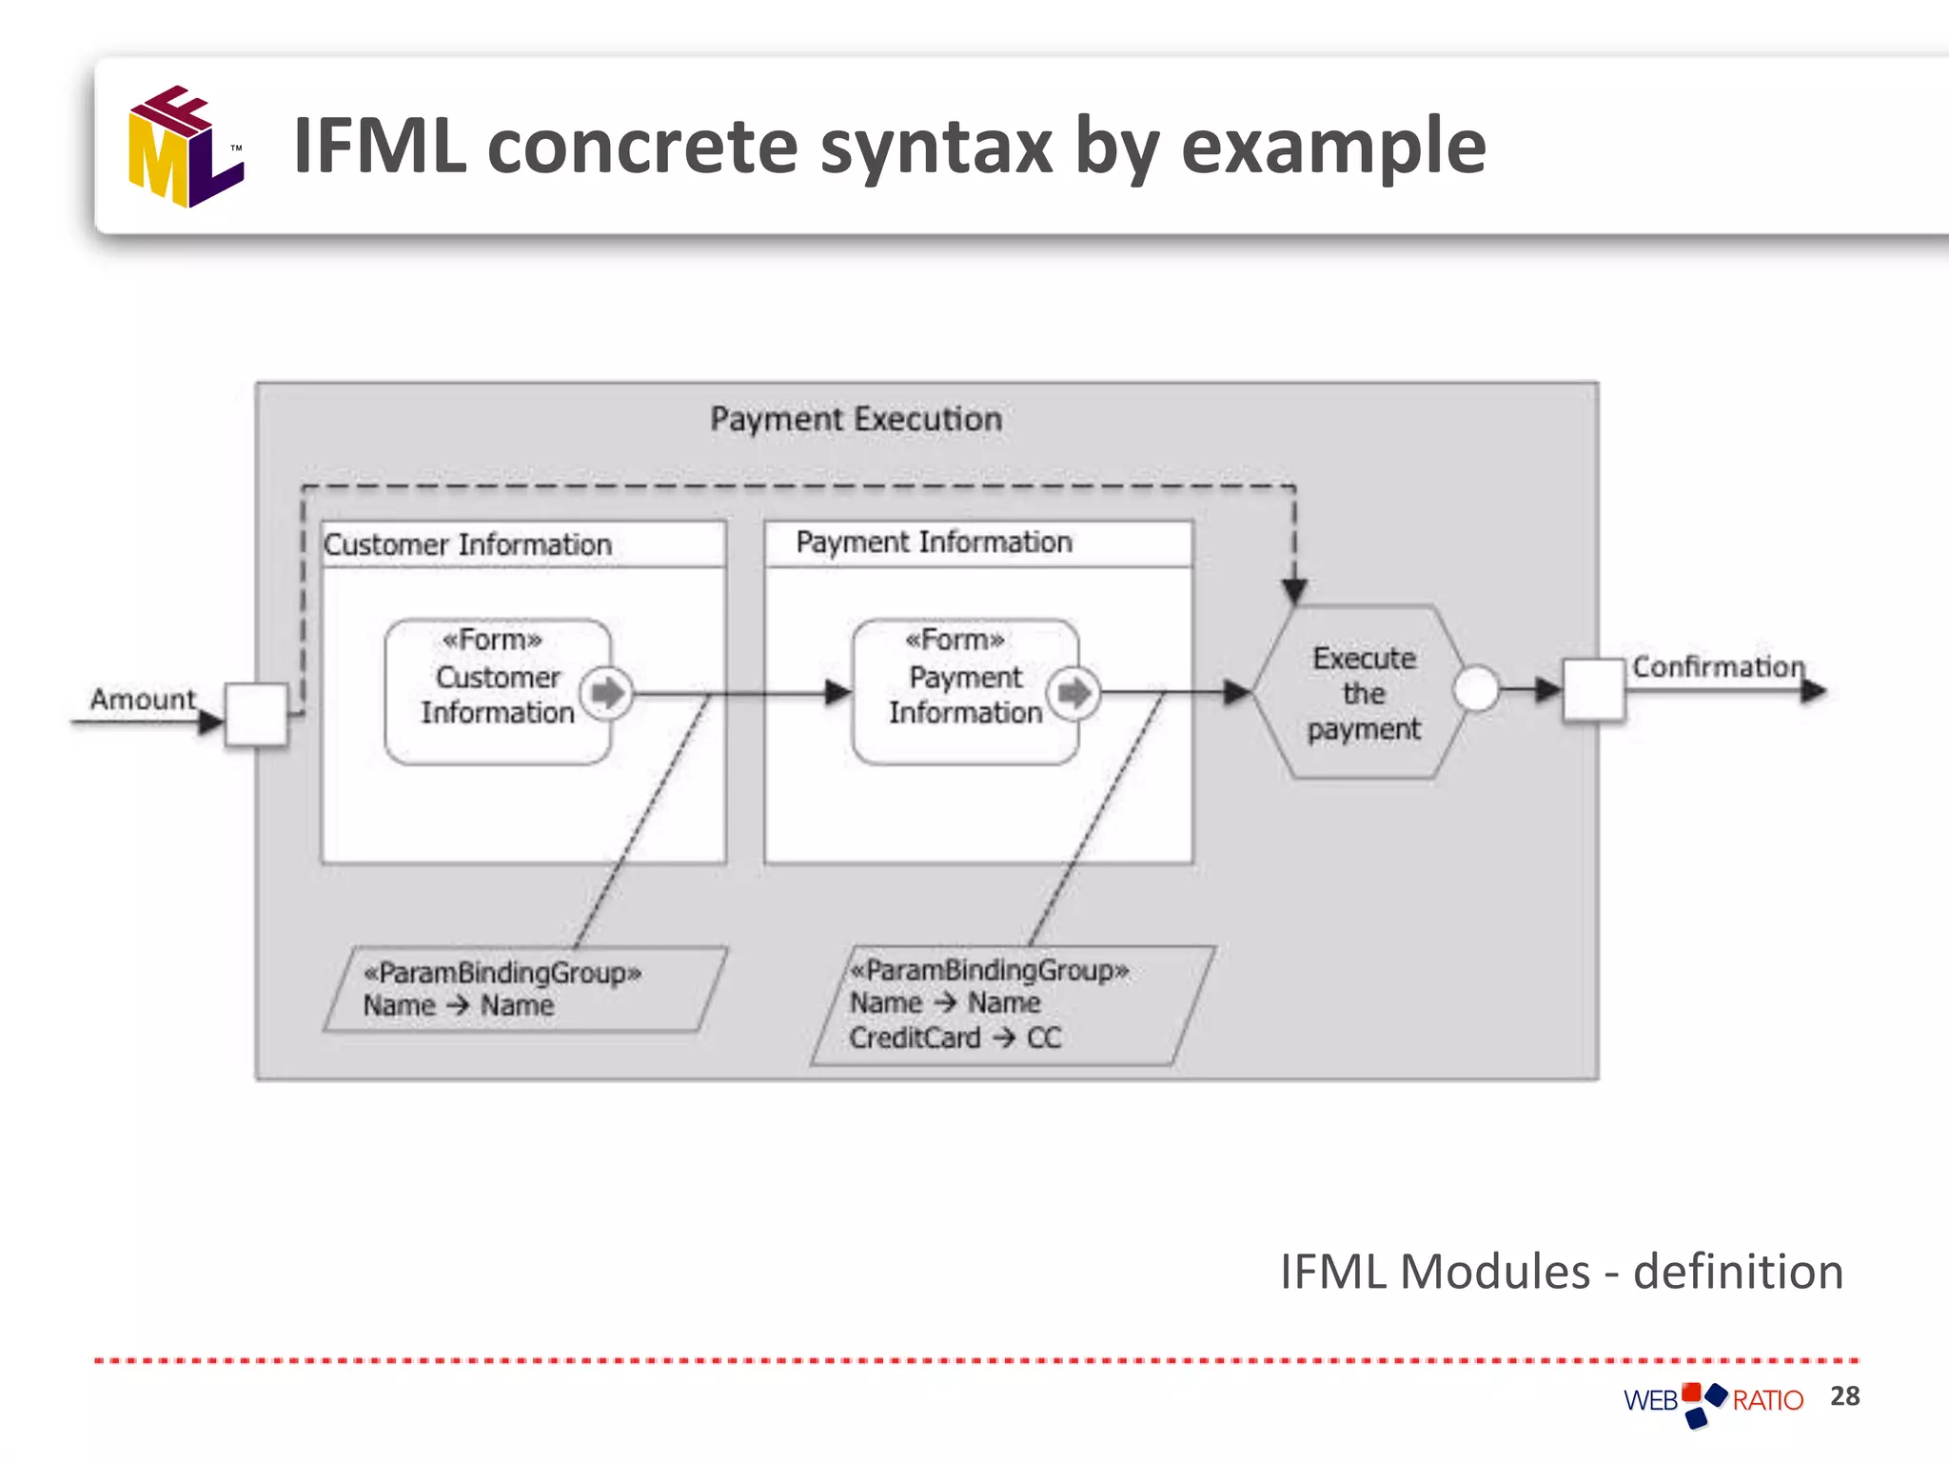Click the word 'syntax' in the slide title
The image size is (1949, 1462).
point(935,147)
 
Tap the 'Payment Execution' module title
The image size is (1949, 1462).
point(856,419)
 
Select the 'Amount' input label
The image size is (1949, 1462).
point(143,699)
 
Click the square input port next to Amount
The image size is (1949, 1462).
point(256,714)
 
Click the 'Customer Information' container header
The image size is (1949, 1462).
point(467,544)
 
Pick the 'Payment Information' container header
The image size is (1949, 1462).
point(934,543)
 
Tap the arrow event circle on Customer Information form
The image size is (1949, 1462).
point(607,692)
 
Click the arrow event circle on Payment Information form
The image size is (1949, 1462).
point(1074,692)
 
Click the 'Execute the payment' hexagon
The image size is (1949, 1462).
point(1362,693)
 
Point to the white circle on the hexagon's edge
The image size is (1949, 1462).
point(1477,688)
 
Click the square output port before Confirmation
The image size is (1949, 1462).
point(1594,689)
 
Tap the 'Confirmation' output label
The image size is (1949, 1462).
point(1718,666)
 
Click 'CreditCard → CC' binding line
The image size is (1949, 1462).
point(955,1037)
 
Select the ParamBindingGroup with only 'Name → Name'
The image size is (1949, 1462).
point(525,989)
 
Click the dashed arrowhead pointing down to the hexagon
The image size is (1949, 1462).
point(1294,591)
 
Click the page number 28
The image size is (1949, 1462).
point(1844,1396)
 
